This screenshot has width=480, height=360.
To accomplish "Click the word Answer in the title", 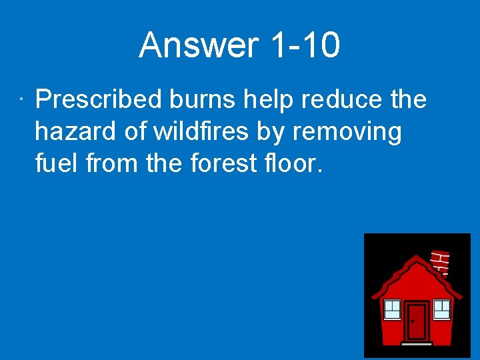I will point(199,46).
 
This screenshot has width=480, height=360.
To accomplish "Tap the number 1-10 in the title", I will point(306,46).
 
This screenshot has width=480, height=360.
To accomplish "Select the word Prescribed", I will point(99,100).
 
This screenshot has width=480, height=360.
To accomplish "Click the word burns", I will point(203,100).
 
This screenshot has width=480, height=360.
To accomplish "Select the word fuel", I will point(57,164).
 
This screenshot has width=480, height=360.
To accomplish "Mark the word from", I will point(107,164).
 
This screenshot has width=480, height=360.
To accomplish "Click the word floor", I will point(294,164).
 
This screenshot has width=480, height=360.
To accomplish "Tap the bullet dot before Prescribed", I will point(22,101).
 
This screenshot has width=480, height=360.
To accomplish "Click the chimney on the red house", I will point(441,263).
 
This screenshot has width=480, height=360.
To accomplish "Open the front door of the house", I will point(417,322).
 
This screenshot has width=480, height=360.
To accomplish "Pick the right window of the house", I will point(441,309).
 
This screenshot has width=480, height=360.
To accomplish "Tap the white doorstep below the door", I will point(417,344).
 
